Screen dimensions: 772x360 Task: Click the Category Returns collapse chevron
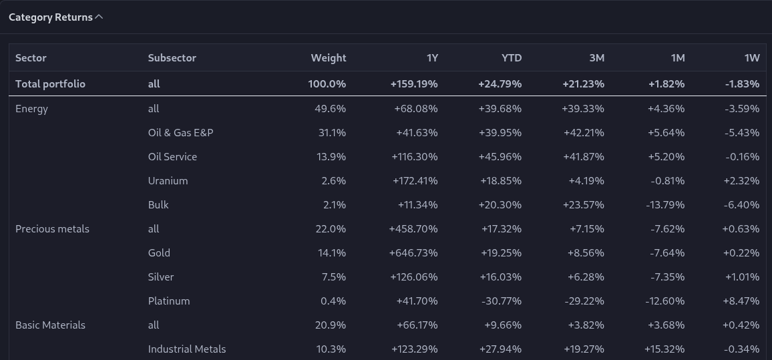coord(99,17)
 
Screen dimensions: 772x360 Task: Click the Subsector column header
coord(172,57)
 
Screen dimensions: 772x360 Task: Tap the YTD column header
coord(512,57)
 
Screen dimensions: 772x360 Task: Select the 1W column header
coord(752,57)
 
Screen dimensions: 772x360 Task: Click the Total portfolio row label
coord(50,83)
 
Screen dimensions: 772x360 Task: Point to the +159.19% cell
coord(414,83)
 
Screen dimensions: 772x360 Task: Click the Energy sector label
coord(31,109)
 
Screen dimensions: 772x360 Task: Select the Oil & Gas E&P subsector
coord(181,132)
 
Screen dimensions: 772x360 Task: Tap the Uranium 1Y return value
coord(415,181)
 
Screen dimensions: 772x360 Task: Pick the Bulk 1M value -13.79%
coord(665,205)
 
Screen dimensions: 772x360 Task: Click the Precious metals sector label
coord(52,229)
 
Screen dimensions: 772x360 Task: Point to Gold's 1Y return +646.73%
coord(413,253)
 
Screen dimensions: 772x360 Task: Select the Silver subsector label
coord(160,277)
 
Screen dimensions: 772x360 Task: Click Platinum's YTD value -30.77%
coord(502,301)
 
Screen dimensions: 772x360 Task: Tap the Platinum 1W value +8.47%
coord(741,301)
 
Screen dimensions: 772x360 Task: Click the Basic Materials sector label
coord(50,325)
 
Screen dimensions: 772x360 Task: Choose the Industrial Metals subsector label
coord(186,349)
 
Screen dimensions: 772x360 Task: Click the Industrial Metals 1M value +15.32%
coord(664,349)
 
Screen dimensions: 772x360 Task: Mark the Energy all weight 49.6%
coord(331,109)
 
